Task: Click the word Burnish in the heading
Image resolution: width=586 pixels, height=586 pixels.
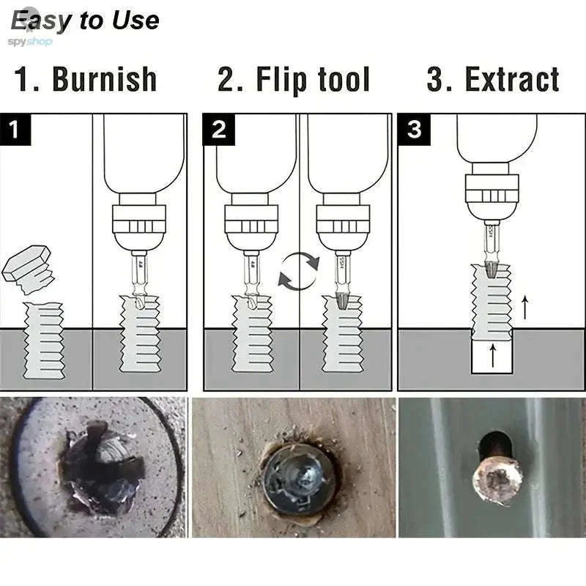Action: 104,80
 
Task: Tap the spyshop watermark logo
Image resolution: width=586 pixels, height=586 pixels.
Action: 29,41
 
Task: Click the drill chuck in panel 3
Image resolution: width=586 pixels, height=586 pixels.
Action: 492,192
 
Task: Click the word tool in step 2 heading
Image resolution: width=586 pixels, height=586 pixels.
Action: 343,80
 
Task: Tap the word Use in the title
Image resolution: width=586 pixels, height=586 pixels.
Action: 136,20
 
